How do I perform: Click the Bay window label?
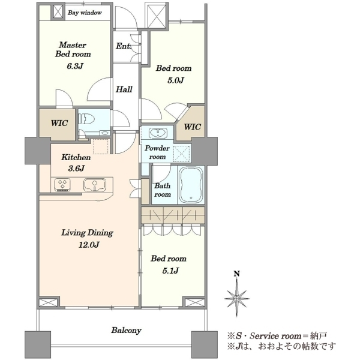click(x=85, y=13)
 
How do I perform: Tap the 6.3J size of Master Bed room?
click(x=74, y=67)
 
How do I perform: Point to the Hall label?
click(x=124, y=89)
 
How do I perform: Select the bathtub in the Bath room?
click(x=191, y=185)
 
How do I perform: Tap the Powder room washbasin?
click(x=158, y=133)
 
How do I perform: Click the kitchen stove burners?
click(x=62, y=185)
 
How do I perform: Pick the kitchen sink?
click(x=95, y=185)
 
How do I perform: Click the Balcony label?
click(x=126, y=331)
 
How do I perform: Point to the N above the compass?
click(x=236, y=274)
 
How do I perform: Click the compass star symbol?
click(x=237, y=298)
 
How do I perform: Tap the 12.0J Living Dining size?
click(x=89, y=245)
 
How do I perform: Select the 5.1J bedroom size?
click(x=170, y=271)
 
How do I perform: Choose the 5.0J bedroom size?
click(x=176, y=80)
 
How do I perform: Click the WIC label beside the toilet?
click(x=59, y=123)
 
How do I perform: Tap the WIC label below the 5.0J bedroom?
click(x=193, y=127)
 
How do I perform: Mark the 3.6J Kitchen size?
click(x=76, y=169)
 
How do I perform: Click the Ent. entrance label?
click(x=123, y=46)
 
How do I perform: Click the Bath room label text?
click(x=163, y=190)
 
